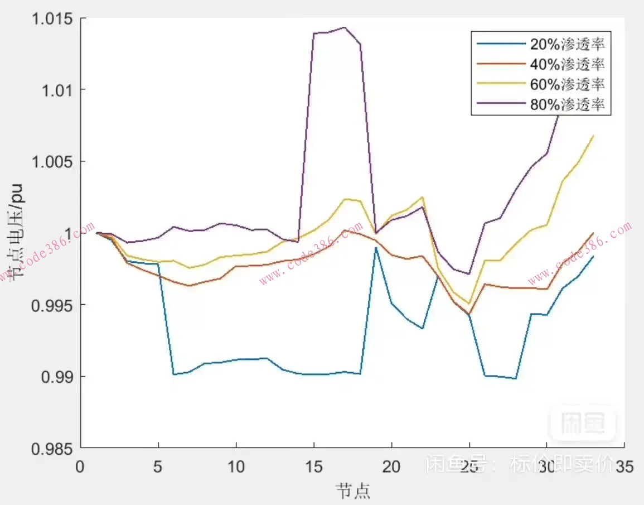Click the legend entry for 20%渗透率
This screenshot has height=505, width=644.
click(x=567, y=45)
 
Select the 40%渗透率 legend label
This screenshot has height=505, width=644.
click(x=567, y=65)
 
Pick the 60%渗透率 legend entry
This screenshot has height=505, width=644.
click(x=567, y=85)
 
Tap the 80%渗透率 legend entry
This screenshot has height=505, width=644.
click(x=567, y=104)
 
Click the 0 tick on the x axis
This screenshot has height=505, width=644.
click(x=81, y=466)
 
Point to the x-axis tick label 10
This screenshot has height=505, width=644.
click(x=236, y=466)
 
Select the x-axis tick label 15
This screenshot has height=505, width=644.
click(x=314, y=466)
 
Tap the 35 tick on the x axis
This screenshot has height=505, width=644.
click(x=624, y=466)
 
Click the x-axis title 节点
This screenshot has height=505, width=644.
click(x=352, y=490)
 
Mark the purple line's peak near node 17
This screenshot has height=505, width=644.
click(x=345, y=27)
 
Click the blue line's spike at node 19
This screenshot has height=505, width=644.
click(x=376, y=247)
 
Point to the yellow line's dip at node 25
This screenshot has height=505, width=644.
click(x=469, y=303)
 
